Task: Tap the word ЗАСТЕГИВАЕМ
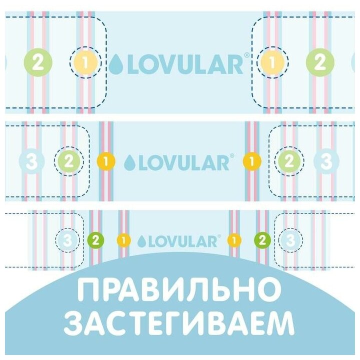[x=179, y=324]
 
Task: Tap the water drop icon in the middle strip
[x=130, y=162]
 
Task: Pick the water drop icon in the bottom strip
[x=141, y=241]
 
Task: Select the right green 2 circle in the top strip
[x=320, y=63]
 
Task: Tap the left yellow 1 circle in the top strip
[x=85, y=63]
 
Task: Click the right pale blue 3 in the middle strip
[x=326, y=161]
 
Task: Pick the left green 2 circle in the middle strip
[x=69, y=161]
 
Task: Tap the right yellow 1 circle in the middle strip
[x=252, y=161]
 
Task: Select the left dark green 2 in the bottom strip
[x=95, y=240]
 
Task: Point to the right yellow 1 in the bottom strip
[x=234, y=240]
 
